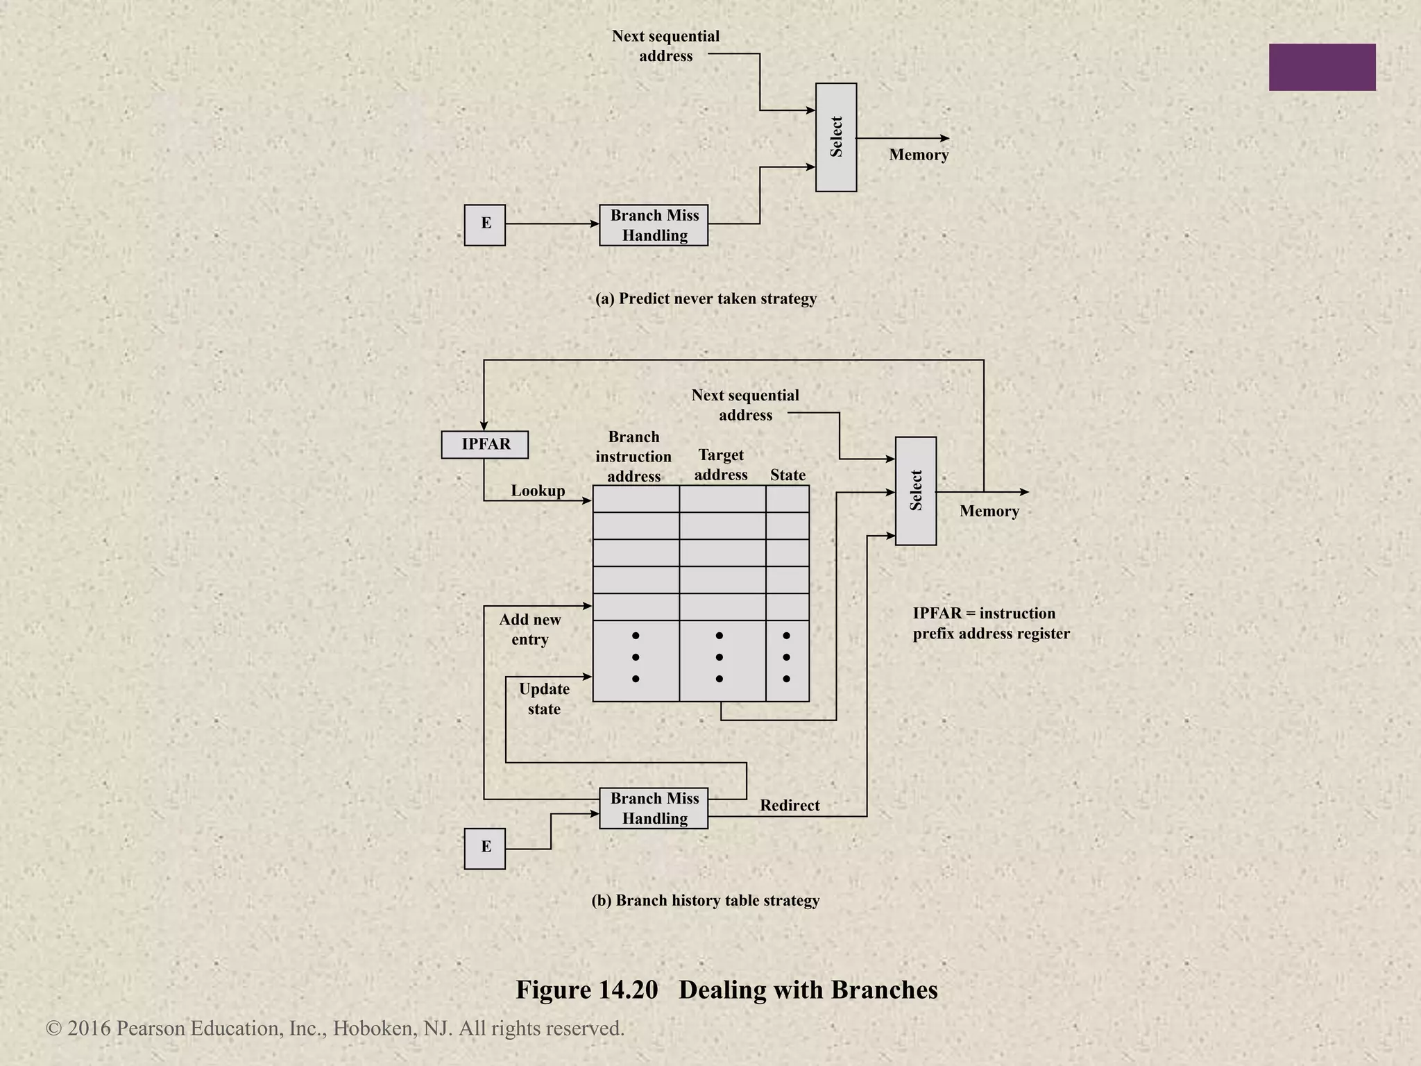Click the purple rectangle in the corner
pos(1322,67)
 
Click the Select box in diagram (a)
pos(835,137)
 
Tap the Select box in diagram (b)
pos(915,491)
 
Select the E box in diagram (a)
pos(485,224)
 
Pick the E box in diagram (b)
pos(485,848)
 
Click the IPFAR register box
pos(485,445)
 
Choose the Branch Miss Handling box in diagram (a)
pos(654,225)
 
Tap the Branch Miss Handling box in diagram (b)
pos(654,808)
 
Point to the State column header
pos(788,475)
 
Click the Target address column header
pos(721,465)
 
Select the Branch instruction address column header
pos(633,457)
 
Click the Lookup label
pos(538,491)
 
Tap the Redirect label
pos(790,805)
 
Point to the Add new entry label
pos(530,629)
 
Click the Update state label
pos(544,699)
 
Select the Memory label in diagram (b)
pos(989,511)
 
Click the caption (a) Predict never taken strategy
pos(706,298)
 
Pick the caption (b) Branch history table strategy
pos(705,900)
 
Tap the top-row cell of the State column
pos(788,499)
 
